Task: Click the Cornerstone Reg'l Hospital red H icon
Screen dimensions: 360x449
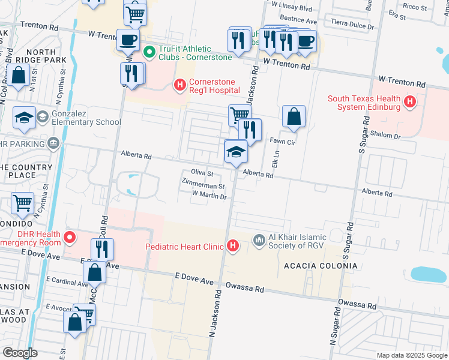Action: [x=180, y=86]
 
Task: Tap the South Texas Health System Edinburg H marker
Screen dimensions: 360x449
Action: [x=410, y=102]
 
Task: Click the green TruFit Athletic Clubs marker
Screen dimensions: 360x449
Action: [x=148, y=52]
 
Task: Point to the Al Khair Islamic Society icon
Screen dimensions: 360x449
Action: [x=259, y=240]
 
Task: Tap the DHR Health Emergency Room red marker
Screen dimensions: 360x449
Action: [x=70, y=238]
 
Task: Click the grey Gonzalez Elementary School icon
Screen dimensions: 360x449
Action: [x=43, y=117]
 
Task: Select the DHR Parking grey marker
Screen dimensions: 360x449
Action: [x=54, y=143]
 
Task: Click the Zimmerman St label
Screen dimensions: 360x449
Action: [x=204, y=186]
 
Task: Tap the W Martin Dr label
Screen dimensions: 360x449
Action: [x=208, y=195]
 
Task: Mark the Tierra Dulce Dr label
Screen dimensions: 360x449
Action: [x=352, y=26]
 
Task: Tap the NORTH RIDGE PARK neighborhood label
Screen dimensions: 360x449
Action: [x=49, y=56]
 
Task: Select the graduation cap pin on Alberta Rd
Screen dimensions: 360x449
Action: [x=236, y=153]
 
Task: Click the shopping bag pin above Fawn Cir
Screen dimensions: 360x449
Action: [x=294, y=118]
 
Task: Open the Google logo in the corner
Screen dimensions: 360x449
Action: [x=20, y=353]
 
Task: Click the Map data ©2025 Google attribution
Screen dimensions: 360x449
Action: [x=411, y=355]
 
